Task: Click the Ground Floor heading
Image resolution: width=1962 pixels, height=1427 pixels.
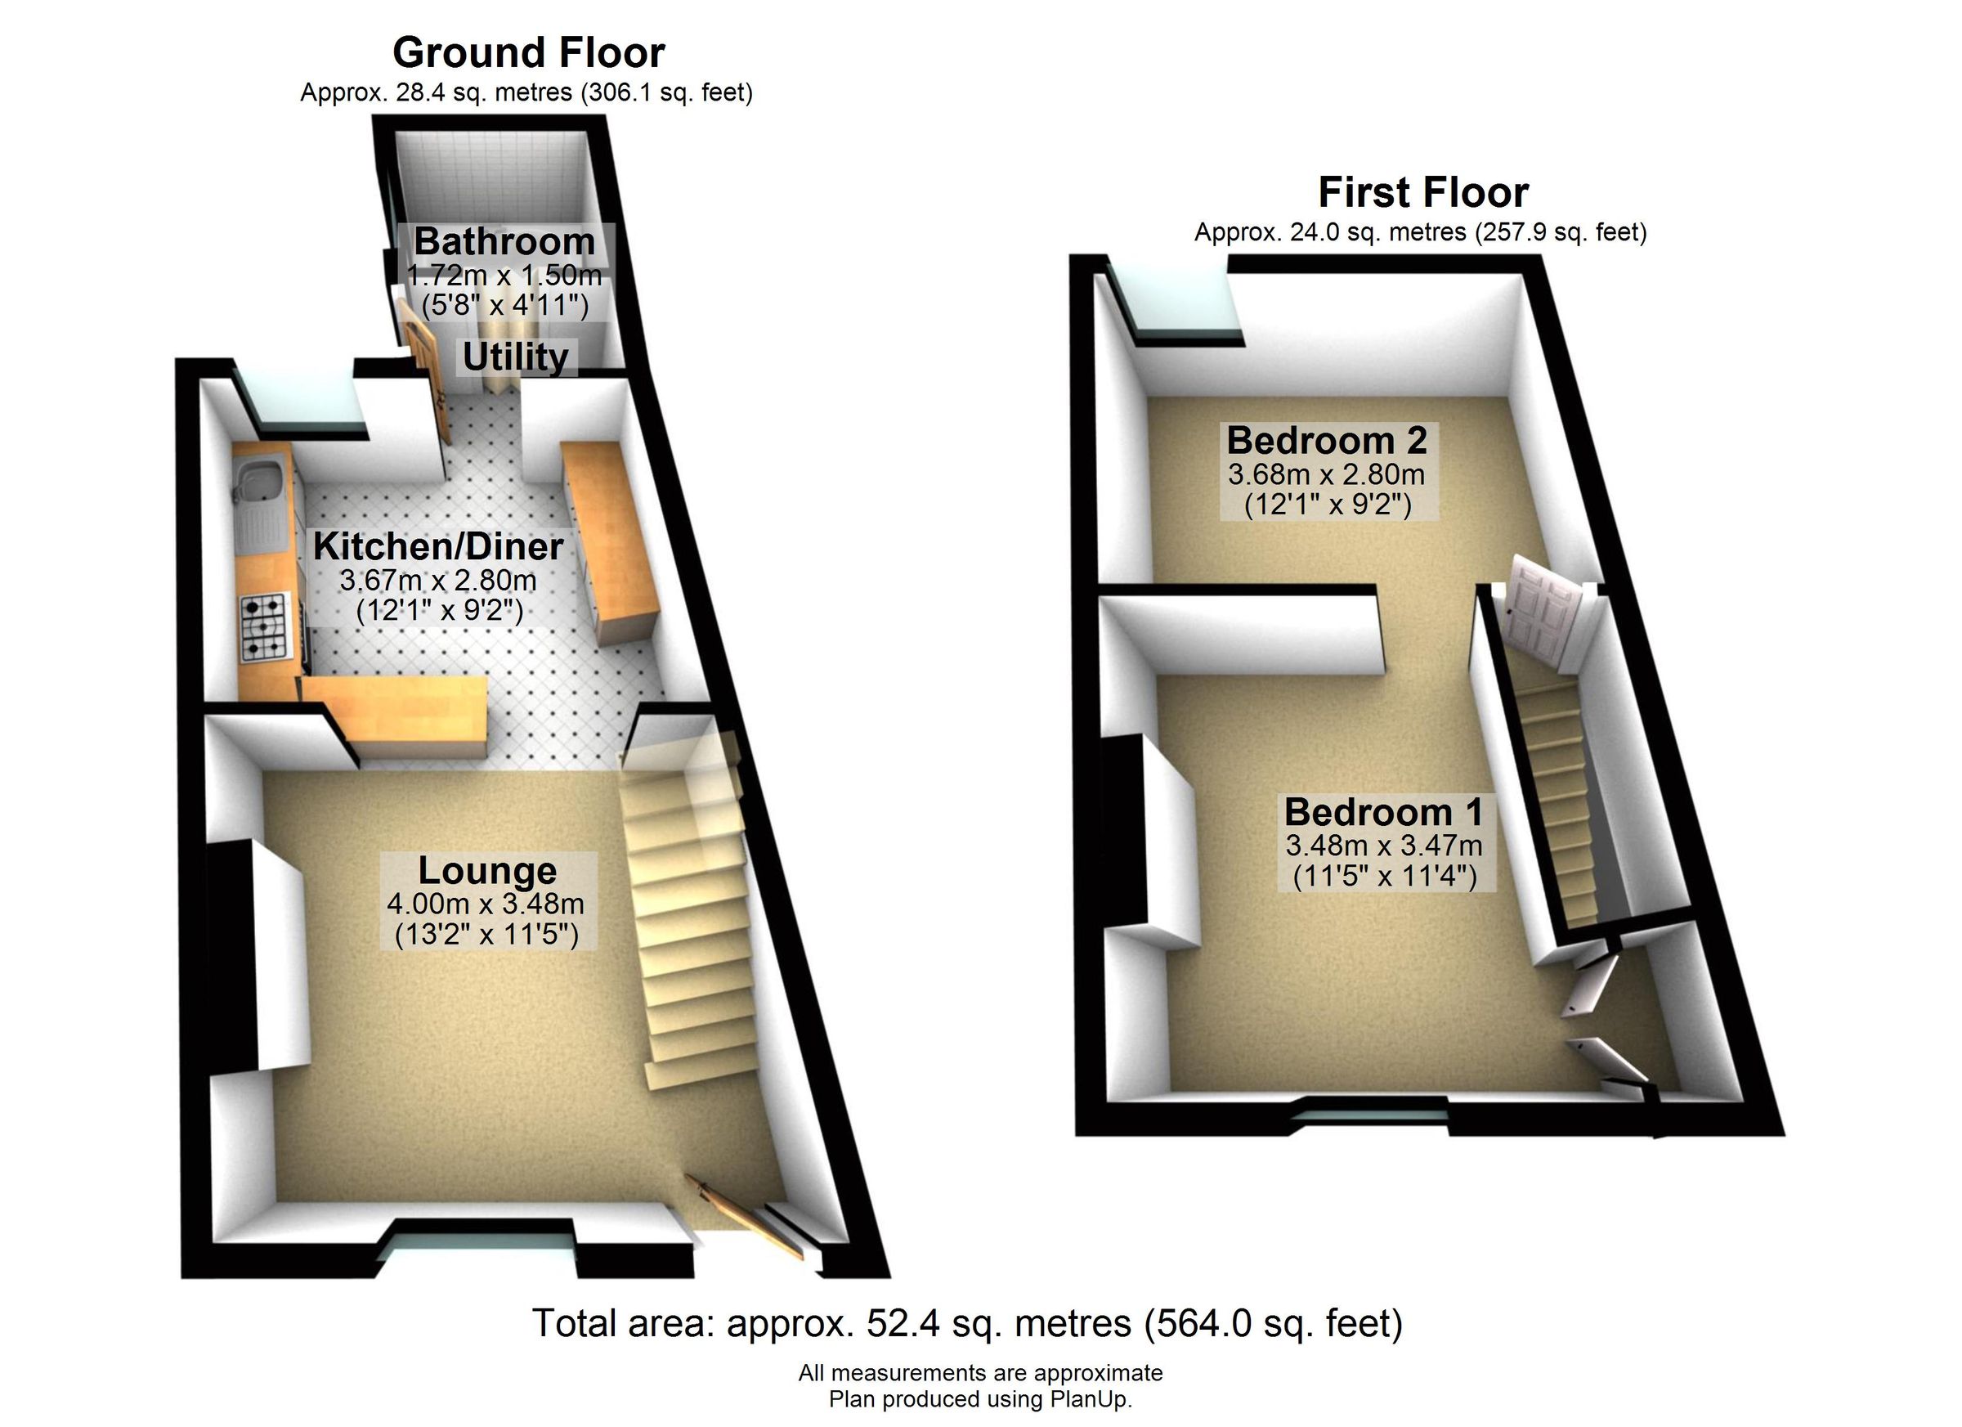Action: (528, 53)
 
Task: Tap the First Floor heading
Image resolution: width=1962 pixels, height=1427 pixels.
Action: (1422, 192)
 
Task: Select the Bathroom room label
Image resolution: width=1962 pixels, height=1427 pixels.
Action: (504, 241)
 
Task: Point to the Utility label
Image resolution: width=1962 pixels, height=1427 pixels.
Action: (516, 357)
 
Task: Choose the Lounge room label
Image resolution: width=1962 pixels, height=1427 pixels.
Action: (487, 871)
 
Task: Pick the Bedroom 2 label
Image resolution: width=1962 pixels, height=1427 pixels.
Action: (1326, 441)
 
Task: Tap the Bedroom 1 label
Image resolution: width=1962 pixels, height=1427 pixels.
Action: (1382, 812)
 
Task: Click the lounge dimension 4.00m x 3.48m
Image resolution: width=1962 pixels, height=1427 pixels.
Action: (486, 904)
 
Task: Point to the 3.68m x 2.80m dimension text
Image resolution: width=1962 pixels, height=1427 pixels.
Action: (1326, 474)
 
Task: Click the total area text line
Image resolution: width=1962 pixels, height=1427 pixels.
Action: (966, 1324)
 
